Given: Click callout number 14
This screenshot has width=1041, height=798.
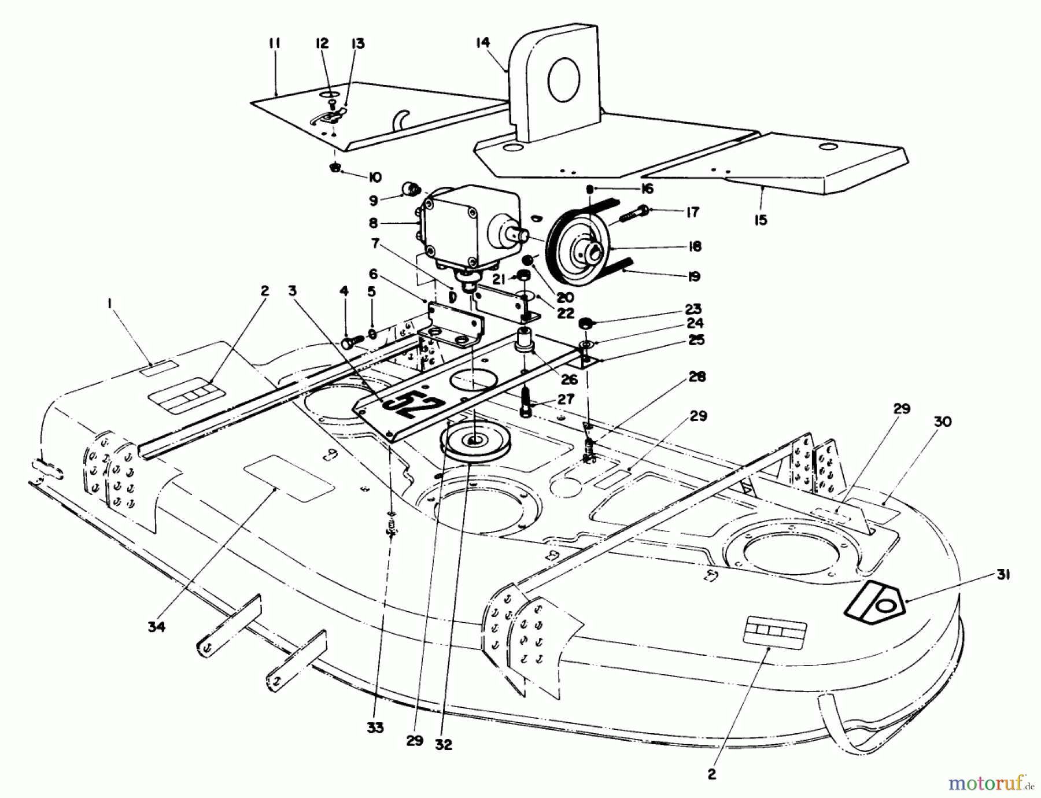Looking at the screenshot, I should click(483, 42).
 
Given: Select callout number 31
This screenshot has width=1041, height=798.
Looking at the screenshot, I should click(1003, 575).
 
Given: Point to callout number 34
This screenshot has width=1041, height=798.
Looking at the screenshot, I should click(156, 626).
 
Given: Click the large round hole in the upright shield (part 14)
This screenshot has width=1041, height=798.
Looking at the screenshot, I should click(564, 80).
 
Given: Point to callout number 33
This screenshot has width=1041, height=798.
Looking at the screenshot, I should click(375, 728).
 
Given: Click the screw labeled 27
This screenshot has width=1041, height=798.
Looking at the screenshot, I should click(526, 402).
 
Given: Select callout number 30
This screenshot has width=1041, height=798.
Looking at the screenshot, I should click(943, 422).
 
